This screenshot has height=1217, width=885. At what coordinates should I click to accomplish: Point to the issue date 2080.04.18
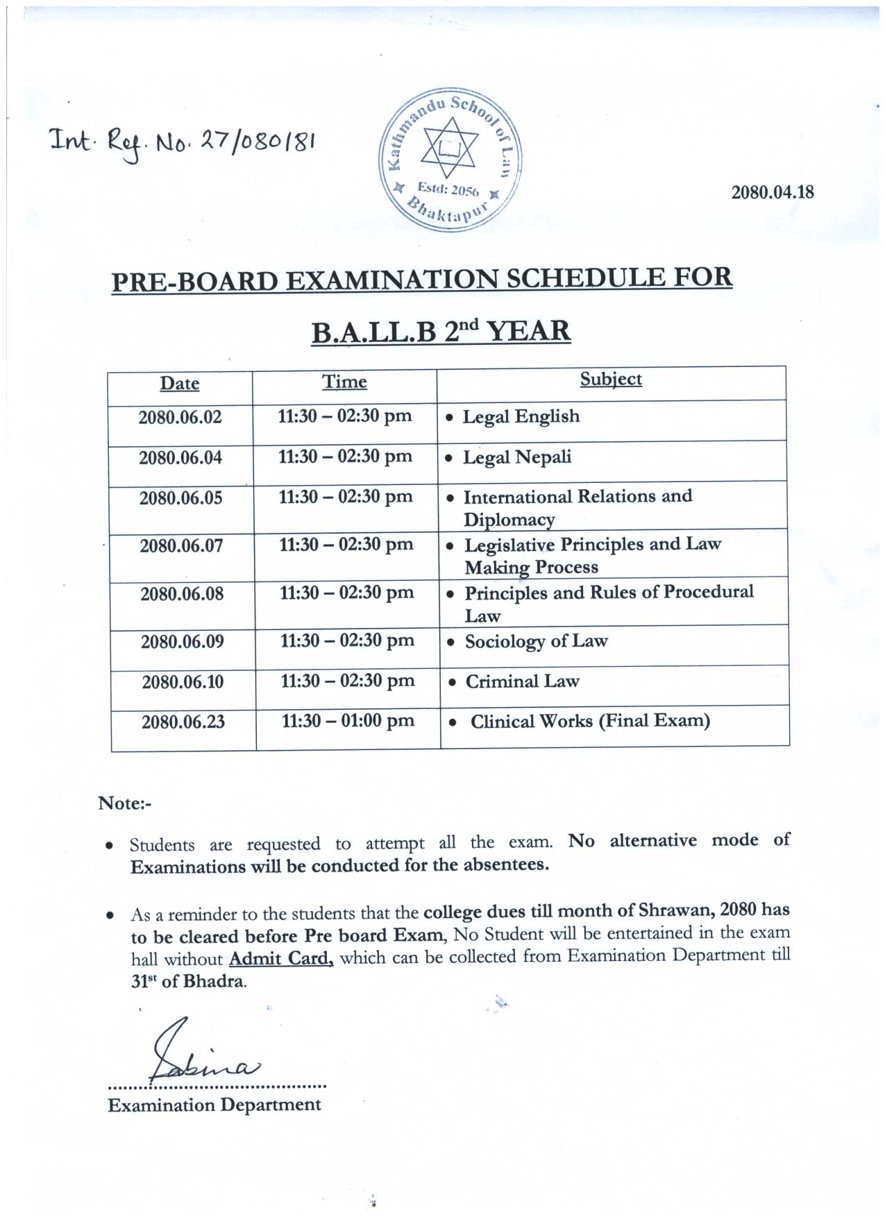(773, 192)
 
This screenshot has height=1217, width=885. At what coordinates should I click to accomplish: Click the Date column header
(180, 383)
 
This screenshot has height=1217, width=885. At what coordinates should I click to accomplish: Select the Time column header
(344, 382)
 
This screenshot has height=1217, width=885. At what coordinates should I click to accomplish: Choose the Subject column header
(611, 379)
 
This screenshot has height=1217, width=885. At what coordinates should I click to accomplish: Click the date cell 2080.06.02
(180, 417)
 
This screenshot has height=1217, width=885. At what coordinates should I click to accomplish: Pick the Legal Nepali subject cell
(517, 457)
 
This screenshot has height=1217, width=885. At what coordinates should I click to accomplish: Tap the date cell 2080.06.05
(180, 498)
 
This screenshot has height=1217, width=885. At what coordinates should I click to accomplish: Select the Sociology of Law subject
(536, 641)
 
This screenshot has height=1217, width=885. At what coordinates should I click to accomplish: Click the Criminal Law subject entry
(522, 681)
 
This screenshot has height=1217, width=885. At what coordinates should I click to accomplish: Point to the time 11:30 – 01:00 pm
(348, 721)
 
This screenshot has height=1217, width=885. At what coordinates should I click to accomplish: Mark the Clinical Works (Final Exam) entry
(590, 721)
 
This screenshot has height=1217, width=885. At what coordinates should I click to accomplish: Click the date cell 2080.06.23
(183, 722)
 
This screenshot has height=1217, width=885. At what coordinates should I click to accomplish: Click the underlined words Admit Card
(281, 959)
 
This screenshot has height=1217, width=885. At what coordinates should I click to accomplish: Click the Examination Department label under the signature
(214, 1105)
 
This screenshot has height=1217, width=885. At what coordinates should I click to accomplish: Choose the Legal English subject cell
(521, 416)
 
